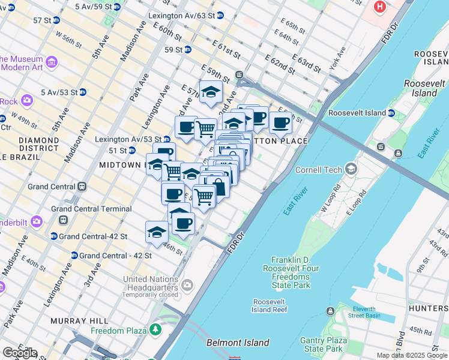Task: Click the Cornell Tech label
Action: (x=318, y=170)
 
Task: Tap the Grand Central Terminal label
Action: (x=91, y=209)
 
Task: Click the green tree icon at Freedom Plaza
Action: (x=155, y=329)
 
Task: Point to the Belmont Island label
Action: (x=238, y=343)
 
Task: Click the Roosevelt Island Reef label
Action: (x=270, y=305)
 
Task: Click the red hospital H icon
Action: (x=379, y=7)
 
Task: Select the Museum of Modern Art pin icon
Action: (x=51, y=62)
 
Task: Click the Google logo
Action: (x=19, y=353)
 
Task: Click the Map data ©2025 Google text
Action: (x=411, y=355)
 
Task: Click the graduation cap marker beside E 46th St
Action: (x=157, y=232)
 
